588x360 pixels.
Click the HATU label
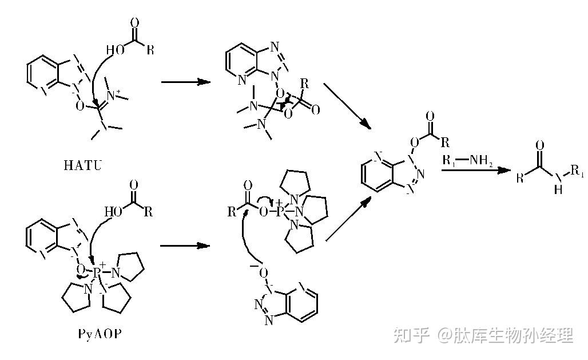(85, 166)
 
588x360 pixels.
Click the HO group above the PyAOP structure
(112, 212)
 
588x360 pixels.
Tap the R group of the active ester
(446, 142)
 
